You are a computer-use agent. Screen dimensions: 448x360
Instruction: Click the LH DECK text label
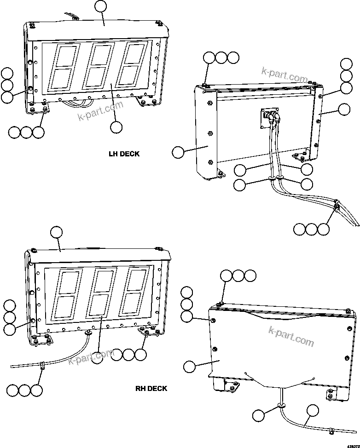coord(124,154)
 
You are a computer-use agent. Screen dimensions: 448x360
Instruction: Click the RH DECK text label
coord(151,388)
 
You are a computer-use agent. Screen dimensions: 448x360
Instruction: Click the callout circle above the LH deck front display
coord(100,6)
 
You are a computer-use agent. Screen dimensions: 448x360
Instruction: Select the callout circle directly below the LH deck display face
coord(116,127)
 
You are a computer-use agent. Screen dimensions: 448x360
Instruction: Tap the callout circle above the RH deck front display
coord(56,232)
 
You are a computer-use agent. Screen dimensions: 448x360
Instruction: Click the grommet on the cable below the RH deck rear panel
coord(280,405)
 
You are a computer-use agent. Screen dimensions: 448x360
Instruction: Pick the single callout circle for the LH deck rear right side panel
coord(344,109)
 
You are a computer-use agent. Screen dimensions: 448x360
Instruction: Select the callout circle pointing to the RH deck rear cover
coord(190,367)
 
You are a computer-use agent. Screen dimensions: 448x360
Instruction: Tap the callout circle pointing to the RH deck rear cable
coord(313,411)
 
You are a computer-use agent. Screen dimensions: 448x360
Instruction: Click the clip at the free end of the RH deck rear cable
coord(331,431)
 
